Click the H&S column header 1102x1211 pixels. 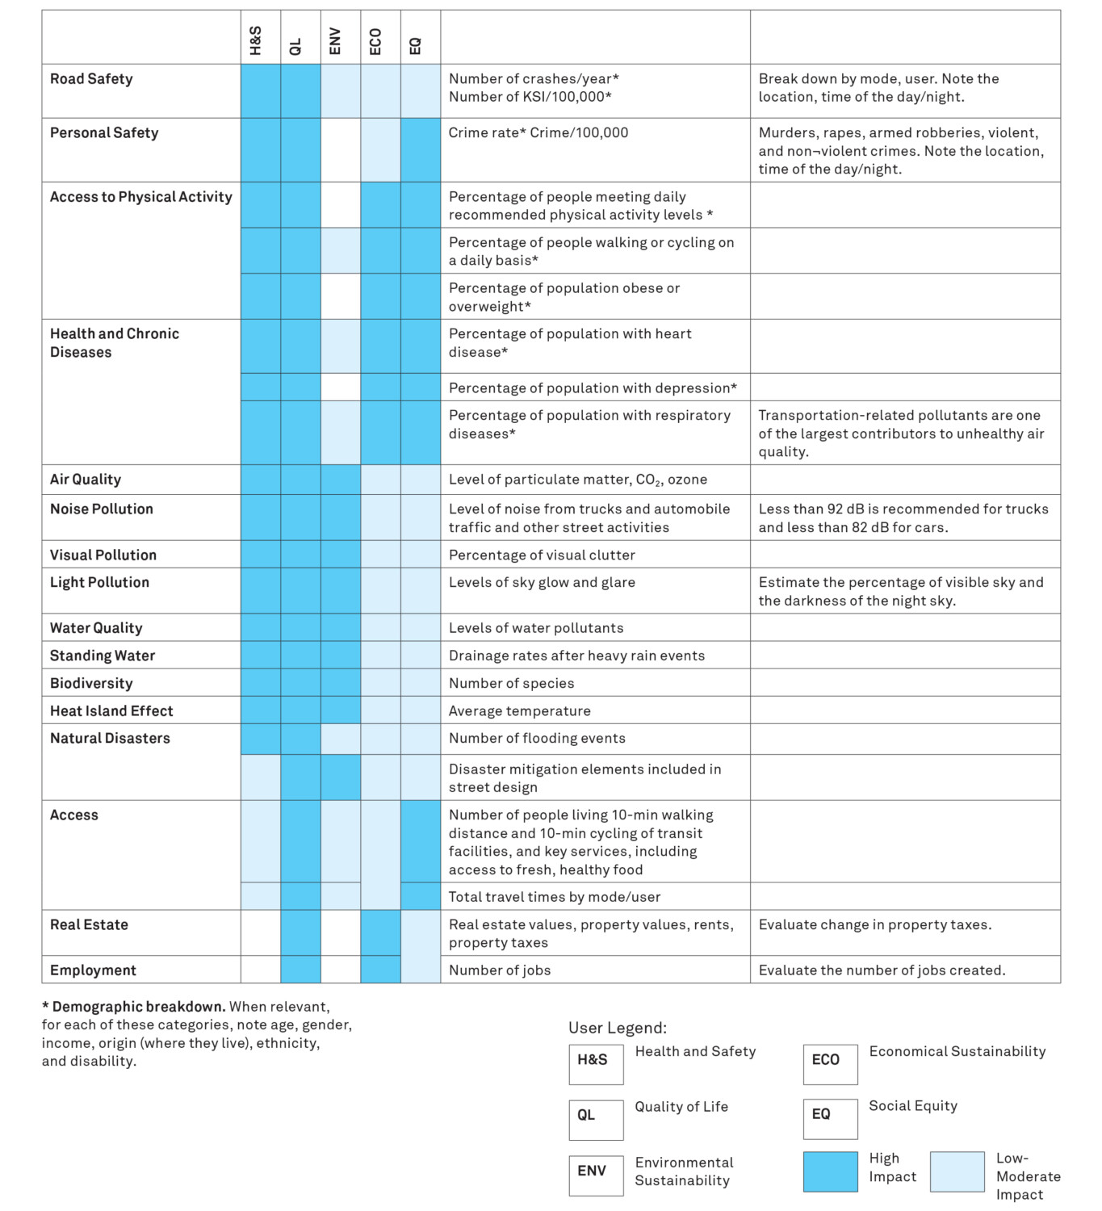256,40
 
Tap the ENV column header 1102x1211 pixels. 335,41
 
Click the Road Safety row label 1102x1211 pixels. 91,79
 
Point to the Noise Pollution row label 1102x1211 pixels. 102,509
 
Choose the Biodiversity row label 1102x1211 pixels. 91,683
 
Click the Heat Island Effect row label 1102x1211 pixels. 111,710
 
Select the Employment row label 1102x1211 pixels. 93,970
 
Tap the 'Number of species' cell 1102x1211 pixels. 512,683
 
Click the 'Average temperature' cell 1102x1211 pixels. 520,710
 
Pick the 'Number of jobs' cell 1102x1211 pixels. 500,970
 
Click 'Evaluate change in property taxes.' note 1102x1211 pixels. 875,924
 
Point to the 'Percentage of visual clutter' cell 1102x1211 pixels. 542,555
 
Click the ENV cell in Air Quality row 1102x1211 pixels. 341,480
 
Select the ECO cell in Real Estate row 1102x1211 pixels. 380,932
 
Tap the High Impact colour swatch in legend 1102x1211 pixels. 830,1171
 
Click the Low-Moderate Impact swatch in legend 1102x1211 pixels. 957,1171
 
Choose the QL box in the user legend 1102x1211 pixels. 596,1119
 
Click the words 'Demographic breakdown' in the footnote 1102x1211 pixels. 138,1007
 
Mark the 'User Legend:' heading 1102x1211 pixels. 618,1028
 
